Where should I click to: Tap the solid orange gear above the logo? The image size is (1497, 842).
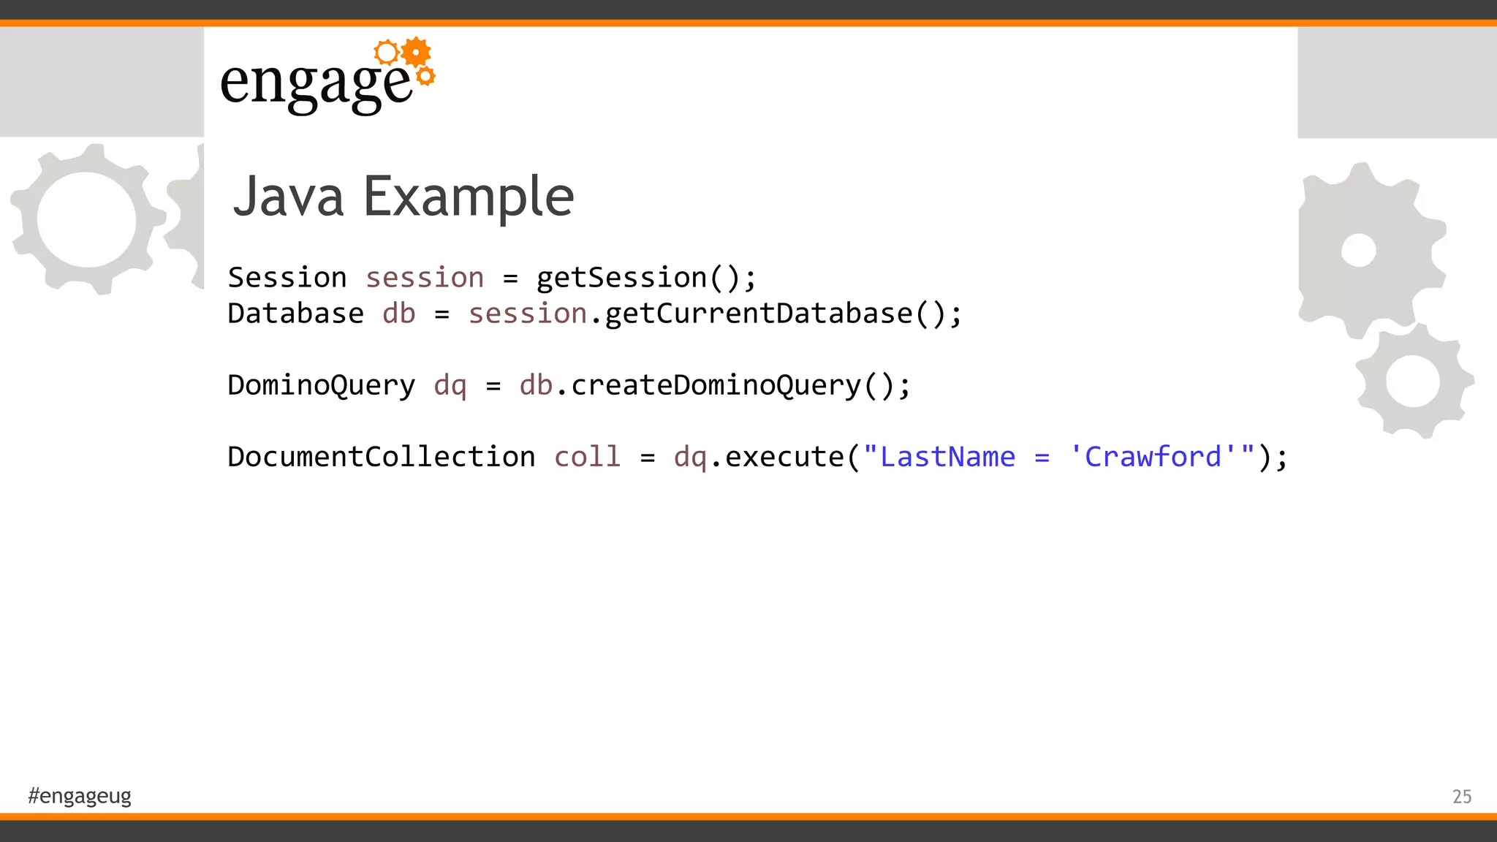click(416, 52)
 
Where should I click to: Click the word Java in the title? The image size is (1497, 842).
click(288, 197)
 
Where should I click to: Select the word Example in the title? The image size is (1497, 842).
click(469, 197)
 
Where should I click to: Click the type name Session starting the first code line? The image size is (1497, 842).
click(287, 278)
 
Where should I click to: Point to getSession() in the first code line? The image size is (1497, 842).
click(646, 278)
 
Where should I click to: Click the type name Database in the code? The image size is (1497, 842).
click(295, 314)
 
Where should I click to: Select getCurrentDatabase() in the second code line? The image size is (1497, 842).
click(782, 314)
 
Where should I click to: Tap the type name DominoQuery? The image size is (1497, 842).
click(321, 385)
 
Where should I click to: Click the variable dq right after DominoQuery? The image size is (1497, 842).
click(450, 385)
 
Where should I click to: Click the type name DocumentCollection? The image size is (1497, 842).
click(381, 457)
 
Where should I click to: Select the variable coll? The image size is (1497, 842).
click(587, 457)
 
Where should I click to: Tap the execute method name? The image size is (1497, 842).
click(784, 457)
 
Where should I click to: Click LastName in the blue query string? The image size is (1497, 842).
click(947, 457)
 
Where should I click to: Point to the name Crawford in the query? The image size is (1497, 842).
click(1153, 457)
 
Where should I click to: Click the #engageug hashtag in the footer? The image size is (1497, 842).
click(80, 795)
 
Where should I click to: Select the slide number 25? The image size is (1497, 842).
click(1461, 796)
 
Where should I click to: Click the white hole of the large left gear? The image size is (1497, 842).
click(86, 219)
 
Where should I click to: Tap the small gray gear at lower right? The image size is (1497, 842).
click(1413, 381)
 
